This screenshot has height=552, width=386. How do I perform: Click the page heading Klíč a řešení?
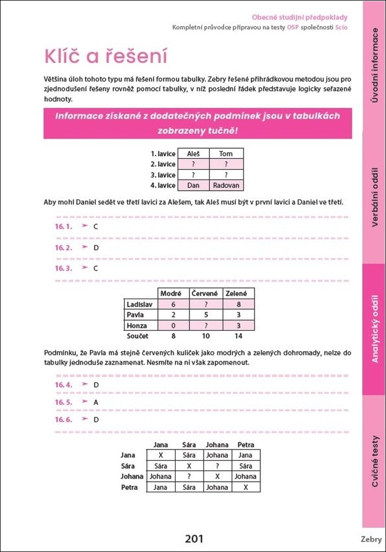[105, 57]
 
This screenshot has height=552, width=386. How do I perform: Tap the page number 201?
[194, 539]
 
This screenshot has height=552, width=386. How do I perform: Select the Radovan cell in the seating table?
[226, 185]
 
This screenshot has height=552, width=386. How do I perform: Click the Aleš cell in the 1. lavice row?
[193, 154]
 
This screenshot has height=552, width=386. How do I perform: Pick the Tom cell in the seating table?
[226, 154]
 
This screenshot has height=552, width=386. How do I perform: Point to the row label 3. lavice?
[163, 175]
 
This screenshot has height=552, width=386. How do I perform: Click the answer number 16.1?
[64, 227]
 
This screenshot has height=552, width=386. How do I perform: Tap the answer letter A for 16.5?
[96, 402]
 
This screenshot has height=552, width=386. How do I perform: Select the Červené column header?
[205, 294]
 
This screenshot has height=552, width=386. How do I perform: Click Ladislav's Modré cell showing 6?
[173, 304]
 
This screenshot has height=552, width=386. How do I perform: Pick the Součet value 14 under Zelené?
[239, 336]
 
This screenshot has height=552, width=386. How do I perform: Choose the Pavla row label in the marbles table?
[135, 315]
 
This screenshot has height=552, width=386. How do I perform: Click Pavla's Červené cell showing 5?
[205, 315]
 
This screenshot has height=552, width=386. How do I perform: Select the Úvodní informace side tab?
[375, 66]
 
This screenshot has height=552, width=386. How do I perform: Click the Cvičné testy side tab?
[375, 461]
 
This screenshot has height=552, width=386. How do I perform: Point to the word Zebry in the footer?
[371, 539]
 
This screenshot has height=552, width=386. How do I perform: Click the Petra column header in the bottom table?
[246, 445]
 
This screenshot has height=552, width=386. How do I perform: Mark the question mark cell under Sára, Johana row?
[189, 476]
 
